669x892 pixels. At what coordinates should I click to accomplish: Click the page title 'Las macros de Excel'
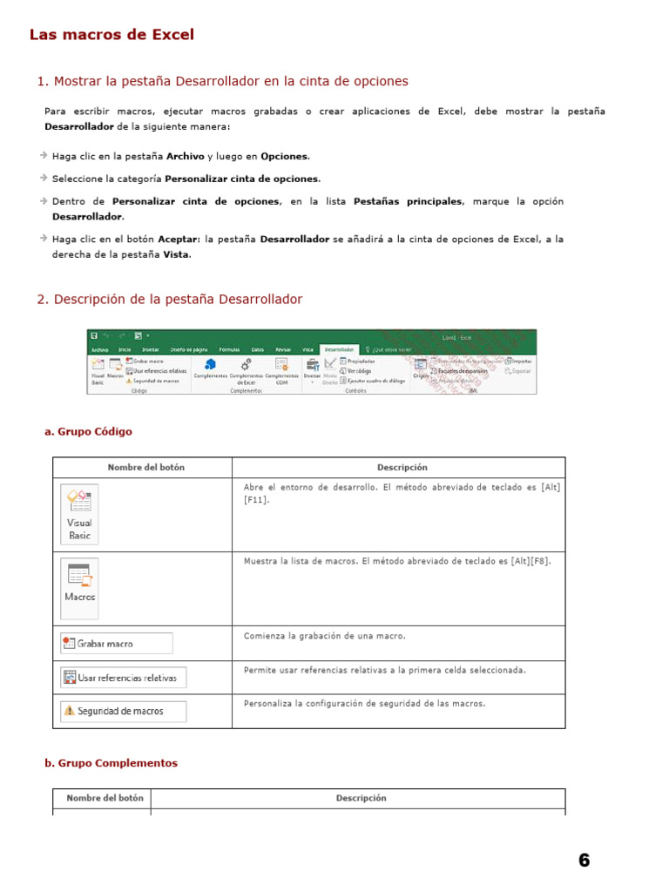click(111, 35)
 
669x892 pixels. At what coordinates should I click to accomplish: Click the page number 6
click(584, 861)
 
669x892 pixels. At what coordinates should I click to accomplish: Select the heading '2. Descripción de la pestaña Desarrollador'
click(169, 300)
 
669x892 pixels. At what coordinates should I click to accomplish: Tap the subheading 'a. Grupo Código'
click(88, 432)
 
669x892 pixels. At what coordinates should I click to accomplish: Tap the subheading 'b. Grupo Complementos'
click(111, 763)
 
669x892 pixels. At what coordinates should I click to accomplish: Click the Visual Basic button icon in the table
click(79, 514)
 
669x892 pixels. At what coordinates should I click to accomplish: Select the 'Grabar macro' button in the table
click(116, 644)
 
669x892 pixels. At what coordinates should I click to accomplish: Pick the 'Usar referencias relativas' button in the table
click(123, 678)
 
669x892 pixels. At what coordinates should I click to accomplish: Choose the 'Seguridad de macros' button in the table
click(123, 711)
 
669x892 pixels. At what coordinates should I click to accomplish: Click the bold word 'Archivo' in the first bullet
click(185, 157)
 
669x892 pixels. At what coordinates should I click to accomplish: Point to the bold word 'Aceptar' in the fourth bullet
click(178, 239)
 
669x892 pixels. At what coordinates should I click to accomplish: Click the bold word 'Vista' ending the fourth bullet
click(176, 255)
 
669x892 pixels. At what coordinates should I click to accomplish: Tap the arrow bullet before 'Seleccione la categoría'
click(44, 179)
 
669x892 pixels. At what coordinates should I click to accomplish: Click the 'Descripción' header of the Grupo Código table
click(402, 468)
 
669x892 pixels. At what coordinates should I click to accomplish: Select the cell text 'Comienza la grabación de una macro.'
click(324, 637)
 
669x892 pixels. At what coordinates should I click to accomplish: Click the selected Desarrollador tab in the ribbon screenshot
click(339, 348)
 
